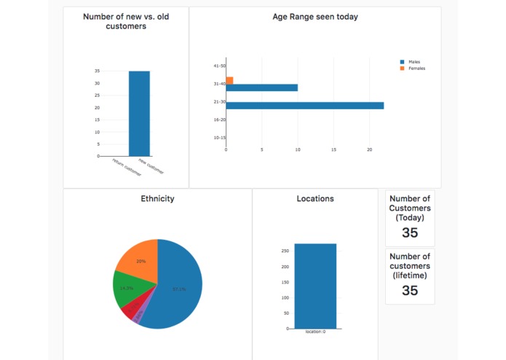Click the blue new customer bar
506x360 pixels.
point(139,113)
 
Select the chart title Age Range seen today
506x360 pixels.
point(315,17)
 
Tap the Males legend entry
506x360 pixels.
point(414,62)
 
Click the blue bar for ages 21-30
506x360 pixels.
point(304,106)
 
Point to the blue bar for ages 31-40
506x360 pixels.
point(261,87)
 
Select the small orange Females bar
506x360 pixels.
point(229,80)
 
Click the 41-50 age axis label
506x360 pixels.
point(219,66)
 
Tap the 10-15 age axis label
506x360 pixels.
point(219,137)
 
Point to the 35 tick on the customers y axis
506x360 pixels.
point(97,71)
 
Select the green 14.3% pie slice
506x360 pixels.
point(126,288)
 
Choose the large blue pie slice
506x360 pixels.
point(178,288)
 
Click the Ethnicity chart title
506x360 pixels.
point(157,198)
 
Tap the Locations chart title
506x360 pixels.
point(315,198)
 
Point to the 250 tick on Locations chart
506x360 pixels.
point(285,251)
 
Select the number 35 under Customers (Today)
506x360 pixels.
point(410,233)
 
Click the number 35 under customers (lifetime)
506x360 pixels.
point(410,290)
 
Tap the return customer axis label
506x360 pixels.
point(127,168)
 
